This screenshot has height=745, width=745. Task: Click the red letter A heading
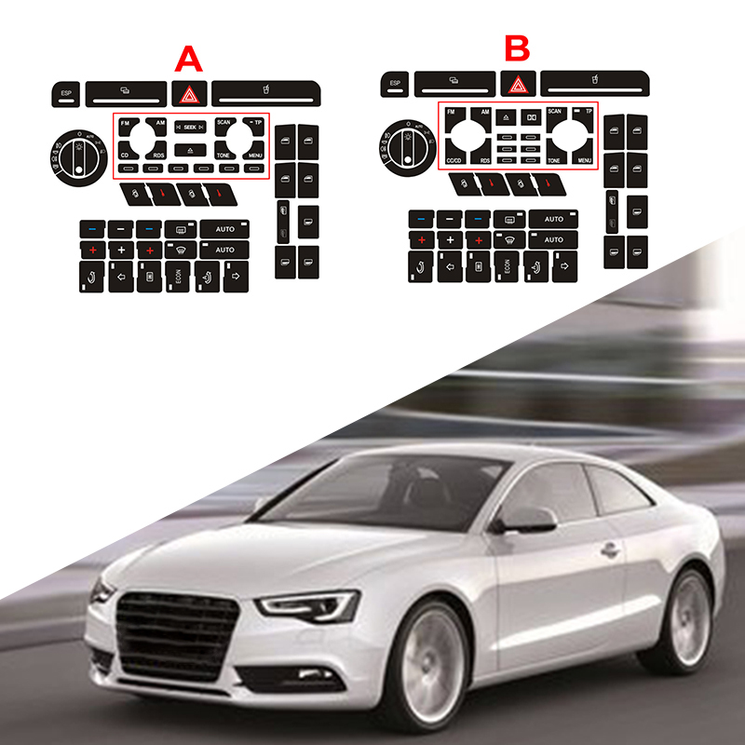coord(189,60)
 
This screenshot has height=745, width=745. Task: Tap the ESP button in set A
coord(66,93)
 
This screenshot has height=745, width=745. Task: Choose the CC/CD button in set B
coord(455,159)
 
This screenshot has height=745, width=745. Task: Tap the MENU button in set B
coord(584,159)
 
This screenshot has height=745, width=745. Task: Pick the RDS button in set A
coord(158,154)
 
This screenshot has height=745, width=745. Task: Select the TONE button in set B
coord(554,159)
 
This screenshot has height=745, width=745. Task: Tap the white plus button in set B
coord(450,240)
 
